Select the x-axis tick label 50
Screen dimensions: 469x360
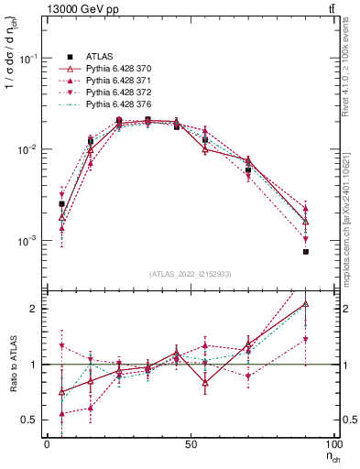tap(191, 443)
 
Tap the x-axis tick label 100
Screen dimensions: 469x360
tap(331, 443)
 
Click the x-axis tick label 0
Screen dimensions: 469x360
tap(47, 443)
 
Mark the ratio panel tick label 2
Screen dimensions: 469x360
tap(31, 309)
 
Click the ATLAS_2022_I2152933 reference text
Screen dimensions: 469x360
tap(191, 274)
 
